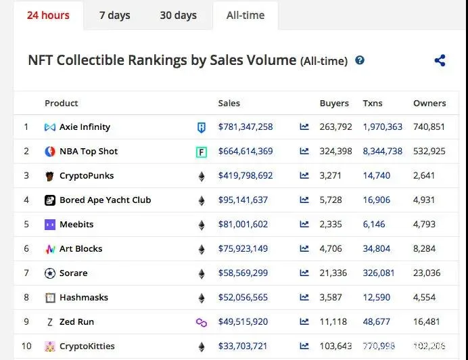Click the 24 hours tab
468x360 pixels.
pos(48,15)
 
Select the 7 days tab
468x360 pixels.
pos(114,15)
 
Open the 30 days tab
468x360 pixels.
pos(178,15)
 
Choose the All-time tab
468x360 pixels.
pos(245,15)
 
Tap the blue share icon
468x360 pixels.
pos(440,60)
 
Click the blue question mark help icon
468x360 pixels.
pos(360,60)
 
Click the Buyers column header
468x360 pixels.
pos(334,103)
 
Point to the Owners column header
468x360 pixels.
pos(429,103)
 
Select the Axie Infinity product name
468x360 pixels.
pos(85,127)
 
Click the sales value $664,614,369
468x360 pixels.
pos(245,151)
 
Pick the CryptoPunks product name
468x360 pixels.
pos(87,175)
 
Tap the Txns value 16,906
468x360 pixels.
pos(376,200)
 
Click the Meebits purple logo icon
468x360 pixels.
pos(50,224)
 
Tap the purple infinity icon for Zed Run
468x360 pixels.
pos(201,321)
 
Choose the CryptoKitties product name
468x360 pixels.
pos(87,346)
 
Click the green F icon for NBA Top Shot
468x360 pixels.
pos(201,152)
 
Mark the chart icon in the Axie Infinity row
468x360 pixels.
pos(304,127)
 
